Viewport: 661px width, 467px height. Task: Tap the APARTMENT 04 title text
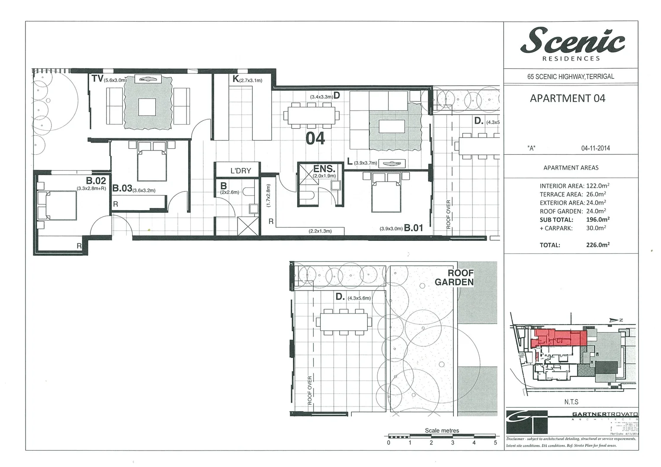567,99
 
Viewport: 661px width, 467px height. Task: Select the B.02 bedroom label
96,181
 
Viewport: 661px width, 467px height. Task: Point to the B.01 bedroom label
413,227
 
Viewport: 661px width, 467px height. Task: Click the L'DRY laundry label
241,170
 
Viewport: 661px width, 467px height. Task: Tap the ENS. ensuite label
324,169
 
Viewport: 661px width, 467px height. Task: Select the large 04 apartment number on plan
315,138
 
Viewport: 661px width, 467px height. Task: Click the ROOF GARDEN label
455,278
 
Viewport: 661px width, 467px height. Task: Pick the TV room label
97,78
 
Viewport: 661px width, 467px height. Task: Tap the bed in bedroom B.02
57,206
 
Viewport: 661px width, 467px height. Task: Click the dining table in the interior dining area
311,115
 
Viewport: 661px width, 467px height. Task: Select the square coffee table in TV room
147,107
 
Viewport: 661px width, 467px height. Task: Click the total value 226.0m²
597,245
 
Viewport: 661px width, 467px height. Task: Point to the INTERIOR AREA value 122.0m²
597,186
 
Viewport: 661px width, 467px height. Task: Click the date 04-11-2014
595,148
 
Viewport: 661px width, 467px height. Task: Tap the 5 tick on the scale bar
495,442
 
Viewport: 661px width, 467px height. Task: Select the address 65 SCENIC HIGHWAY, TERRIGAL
571,77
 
